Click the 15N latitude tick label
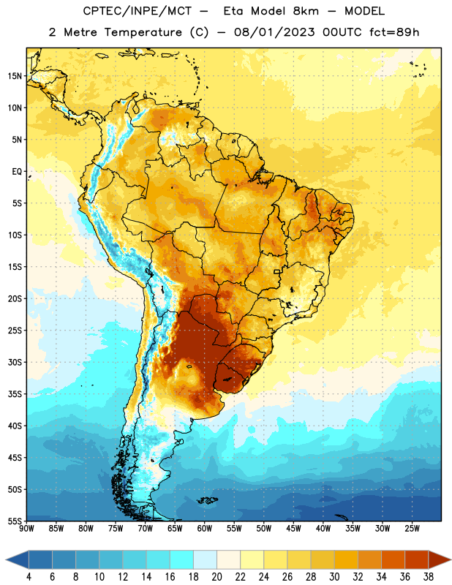[15, 76]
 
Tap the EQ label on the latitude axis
[17, 172]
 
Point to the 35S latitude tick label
[15, 394]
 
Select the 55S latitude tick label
[15, 521]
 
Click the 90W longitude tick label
[26, 529]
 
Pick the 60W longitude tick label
[205, 529]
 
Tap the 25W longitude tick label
[412, 529]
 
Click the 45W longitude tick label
[293, 529]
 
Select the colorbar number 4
[29, 577]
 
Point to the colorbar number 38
[429, 577]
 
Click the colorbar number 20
[216, 577]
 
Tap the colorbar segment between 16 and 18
[182, 560]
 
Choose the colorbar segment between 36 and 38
[417, 560]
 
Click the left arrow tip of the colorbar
[6, 560]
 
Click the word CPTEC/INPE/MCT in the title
[138, 11]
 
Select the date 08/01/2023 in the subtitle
[274, 32]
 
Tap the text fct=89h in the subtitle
[394, 32]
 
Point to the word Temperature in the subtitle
[143, 32]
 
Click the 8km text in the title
[306, 11]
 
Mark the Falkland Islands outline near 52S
[207, 500]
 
